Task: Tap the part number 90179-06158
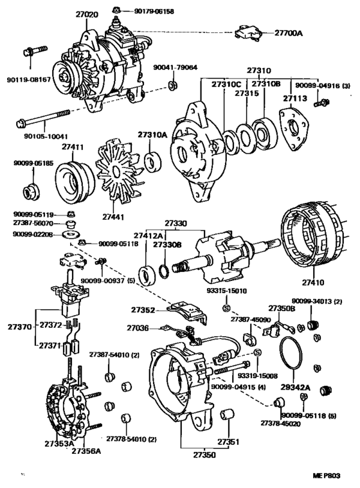pos(156,11)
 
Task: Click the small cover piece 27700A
pos(248,33)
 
